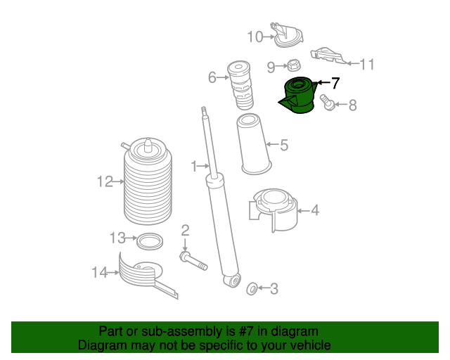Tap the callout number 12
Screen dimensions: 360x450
pyautogui.click(x=105, y=182)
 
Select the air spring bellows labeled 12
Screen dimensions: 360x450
pyautogui.click(x=148, y=183)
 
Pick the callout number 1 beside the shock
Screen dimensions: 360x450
pyautogui.click(x=195, y=166)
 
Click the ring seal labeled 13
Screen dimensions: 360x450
pyautogui.click(x=148, y=241)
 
